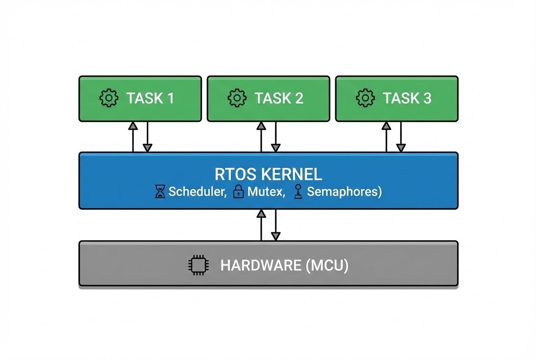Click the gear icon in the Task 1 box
(109, 98)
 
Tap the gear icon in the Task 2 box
(237, 98)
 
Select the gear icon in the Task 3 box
(365, 98)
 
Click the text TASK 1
(150, 98)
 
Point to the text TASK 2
(279, 98)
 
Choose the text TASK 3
(407, 98)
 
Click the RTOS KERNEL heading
(268, 174)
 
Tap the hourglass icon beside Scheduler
(160, 192)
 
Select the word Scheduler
(197, 192)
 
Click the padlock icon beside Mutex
(238, 192)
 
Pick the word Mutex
(266, 192)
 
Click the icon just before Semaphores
(298, 192)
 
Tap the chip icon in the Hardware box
(197, 266)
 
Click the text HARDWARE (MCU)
(284, 266)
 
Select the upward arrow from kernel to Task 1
(133, 136)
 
